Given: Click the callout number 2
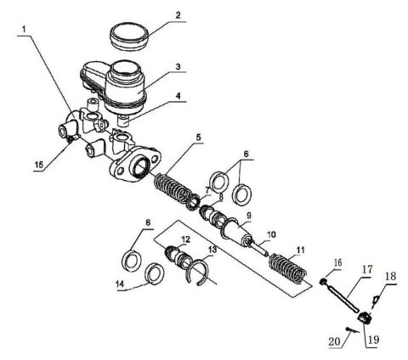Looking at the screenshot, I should coord(177,14).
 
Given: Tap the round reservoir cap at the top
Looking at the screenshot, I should coord(133,37).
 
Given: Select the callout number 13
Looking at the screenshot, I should coord(213,251).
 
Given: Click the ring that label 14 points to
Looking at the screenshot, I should coord(153,273).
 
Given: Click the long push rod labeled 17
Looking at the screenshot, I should coord(347,296).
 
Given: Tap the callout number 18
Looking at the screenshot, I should coord(390,277).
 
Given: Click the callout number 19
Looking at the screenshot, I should coord(371,343).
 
